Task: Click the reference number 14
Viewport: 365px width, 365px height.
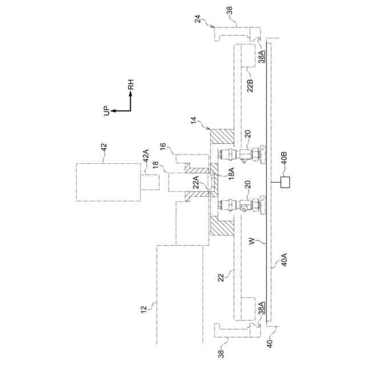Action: click(x=194, y=121)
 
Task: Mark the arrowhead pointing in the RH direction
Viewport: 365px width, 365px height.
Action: click(x=131, y=95)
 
